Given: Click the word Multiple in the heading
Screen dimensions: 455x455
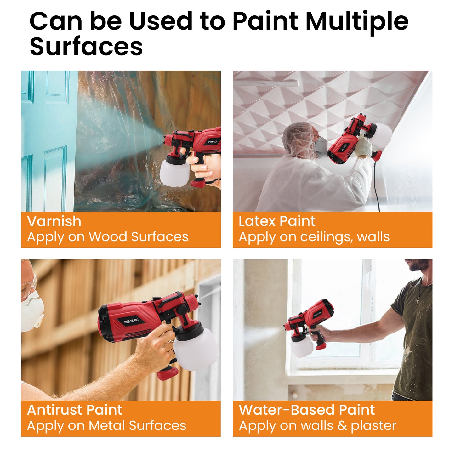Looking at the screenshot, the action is click(x=357, y=21).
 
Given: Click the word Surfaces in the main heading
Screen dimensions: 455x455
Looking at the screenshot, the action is click(x=86, y=46).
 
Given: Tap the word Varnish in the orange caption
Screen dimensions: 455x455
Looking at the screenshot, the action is click(x=54, y=221).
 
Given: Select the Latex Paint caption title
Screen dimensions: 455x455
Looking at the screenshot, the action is click(x=277, y=221).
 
